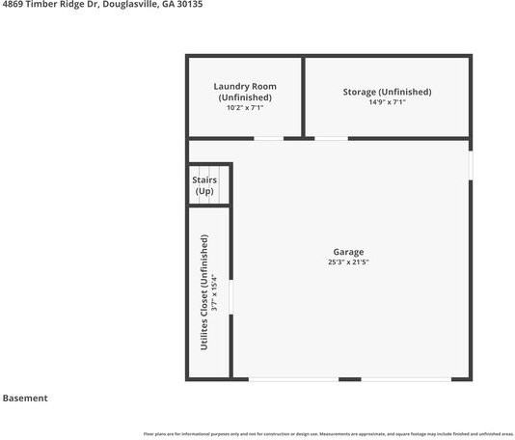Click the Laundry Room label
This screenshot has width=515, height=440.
click(245, 87)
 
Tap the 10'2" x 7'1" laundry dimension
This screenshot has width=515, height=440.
click(245, 108)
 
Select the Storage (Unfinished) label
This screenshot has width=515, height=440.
click(387, 92)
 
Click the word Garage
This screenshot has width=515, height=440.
click(348, 252)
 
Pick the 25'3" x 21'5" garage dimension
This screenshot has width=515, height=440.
click(348, 262)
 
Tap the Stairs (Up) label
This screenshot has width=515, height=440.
click(204, 185)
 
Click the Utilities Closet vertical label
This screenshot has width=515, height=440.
click(204, 291)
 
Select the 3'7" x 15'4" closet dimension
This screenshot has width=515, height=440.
click(216, 291)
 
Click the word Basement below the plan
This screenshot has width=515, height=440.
click(25, 398)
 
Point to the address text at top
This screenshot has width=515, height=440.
click(101, 5)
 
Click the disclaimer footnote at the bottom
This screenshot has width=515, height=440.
click(328, 433)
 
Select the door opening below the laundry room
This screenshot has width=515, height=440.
click(269, 139)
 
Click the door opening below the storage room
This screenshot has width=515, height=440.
click(332, 139)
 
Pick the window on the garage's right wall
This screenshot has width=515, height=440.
click(471, 164)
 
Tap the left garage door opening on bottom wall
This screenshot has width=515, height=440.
click(293, 379)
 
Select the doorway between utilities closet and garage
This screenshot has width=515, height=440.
click(231, 297)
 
